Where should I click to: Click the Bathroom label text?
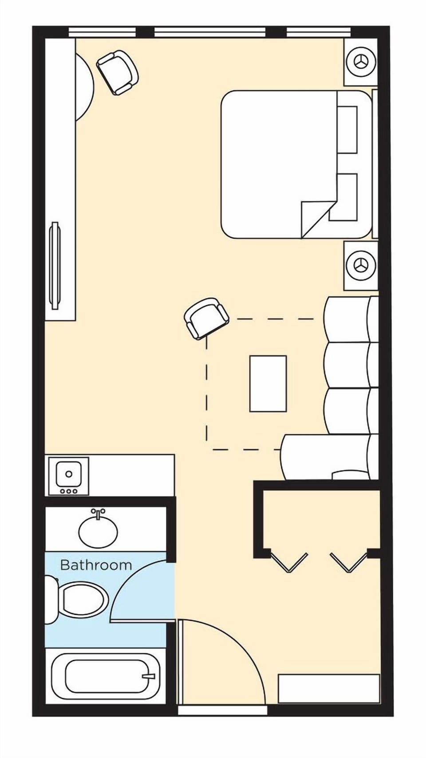pyautogui.click(x=96, y=565)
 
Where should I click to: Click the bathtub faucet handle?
pyautogui.click(x=149, y=676)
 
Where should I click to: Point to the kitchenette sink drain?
pyautogui.click(x=69, y=474)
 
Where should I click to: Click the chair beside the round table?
pyautogui.click(x=118, y=72)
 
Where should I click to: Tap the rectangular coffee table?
pyautogui.click(x=268, y=383)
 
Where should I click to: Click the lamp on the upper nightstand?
pyautogui.click(x=361, y=62)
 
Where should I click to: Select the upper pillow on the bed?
pyautogui.click(x=347, y=130)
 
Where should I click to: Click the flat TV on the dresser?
pyautogui.click(x=55, y=265)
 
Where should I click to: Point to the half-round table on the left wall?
pyautogui.click(x=84, y=87)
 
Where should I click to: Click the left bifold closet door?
pyautogui.click(x=289, y=562)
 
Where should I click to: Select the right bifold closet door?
pyautogui.click(x=349, y=562)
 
